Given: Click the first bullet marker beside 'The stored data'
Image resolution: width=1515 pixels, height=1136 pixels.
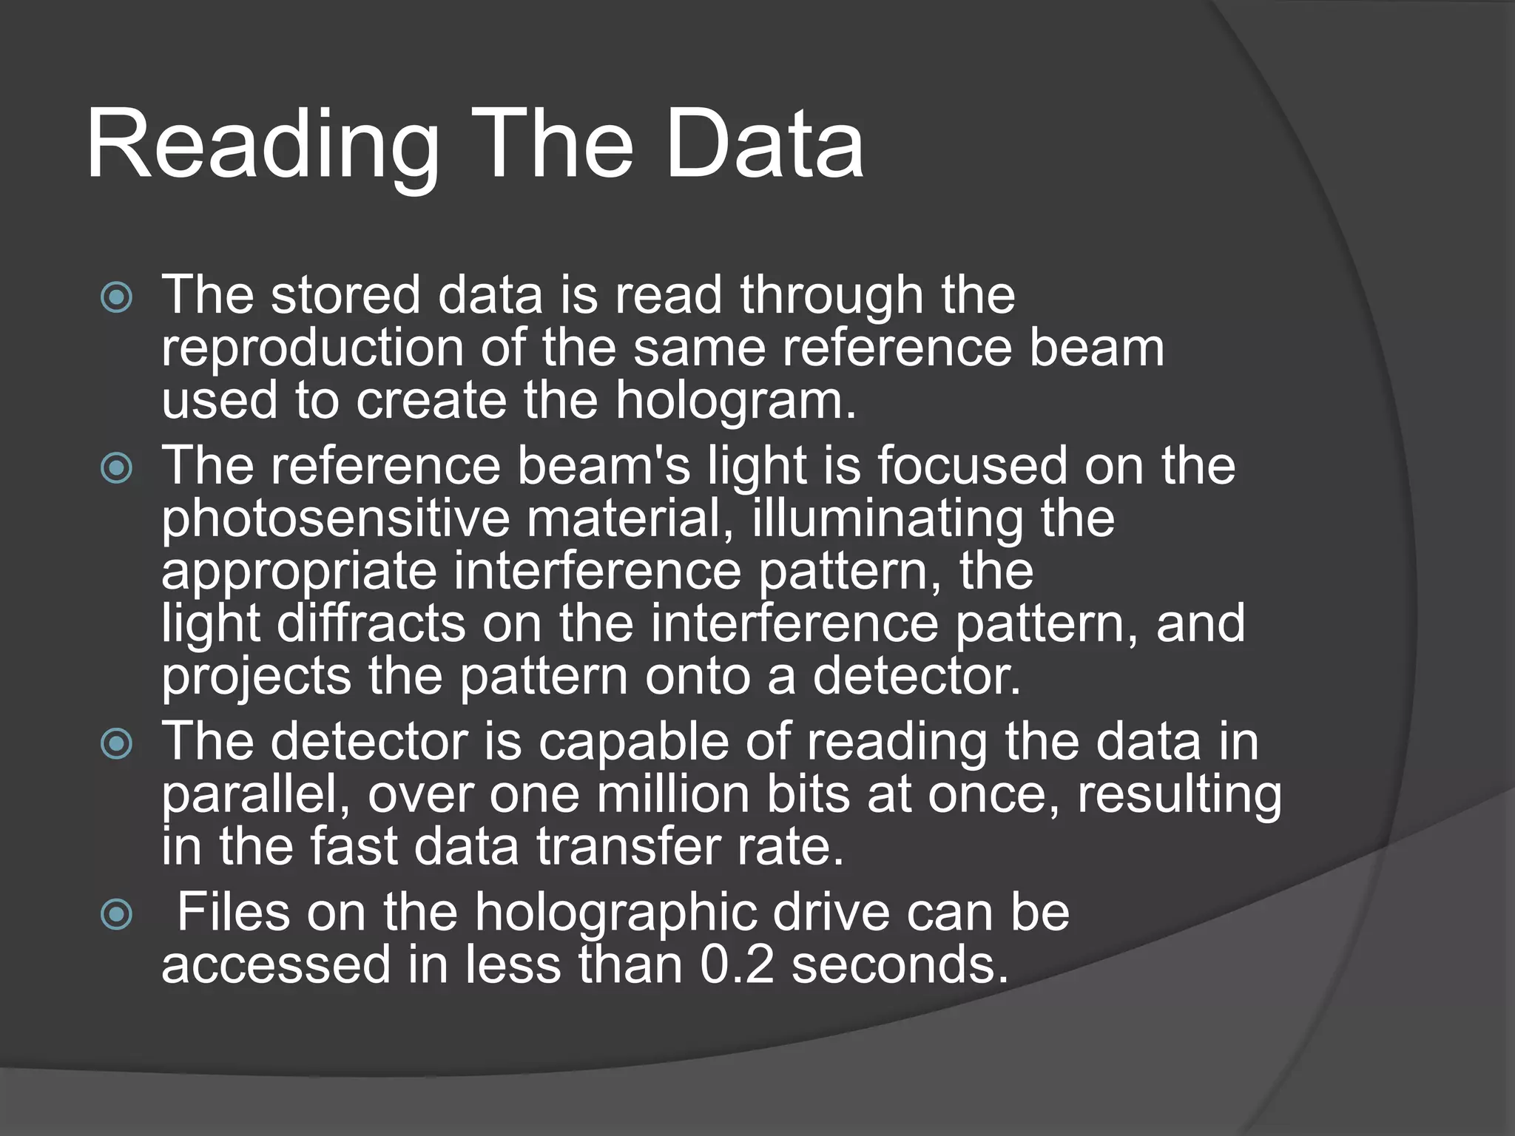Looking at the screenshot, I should point(117,298).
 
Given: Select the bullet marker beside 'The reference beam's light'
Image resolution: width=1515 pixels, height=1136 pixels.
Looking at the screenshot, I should point(117,468).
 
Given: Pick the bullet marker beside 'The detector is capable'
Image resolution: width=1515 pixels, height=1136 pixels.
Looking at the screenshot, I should point(117,743).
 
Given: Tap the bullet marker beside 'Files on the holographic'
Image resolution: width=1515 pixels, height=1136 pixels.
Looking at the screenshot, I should point(117,915).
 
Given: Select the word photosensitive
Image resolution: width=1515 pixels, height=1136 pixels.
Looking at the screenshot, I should point(335,519).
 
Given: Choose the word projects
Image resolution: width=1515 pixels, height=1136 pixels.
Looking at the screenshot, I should point(256,677).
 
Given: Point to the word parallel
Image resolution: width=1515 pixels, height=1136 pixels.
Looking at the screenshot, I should point(255,794).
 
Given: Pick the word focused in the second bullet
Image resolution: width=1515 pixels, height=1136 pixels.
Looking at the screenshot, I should point(973,466).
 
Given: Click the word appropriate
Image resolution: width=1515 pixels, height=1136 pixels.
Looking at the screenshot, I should point(299,572).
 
